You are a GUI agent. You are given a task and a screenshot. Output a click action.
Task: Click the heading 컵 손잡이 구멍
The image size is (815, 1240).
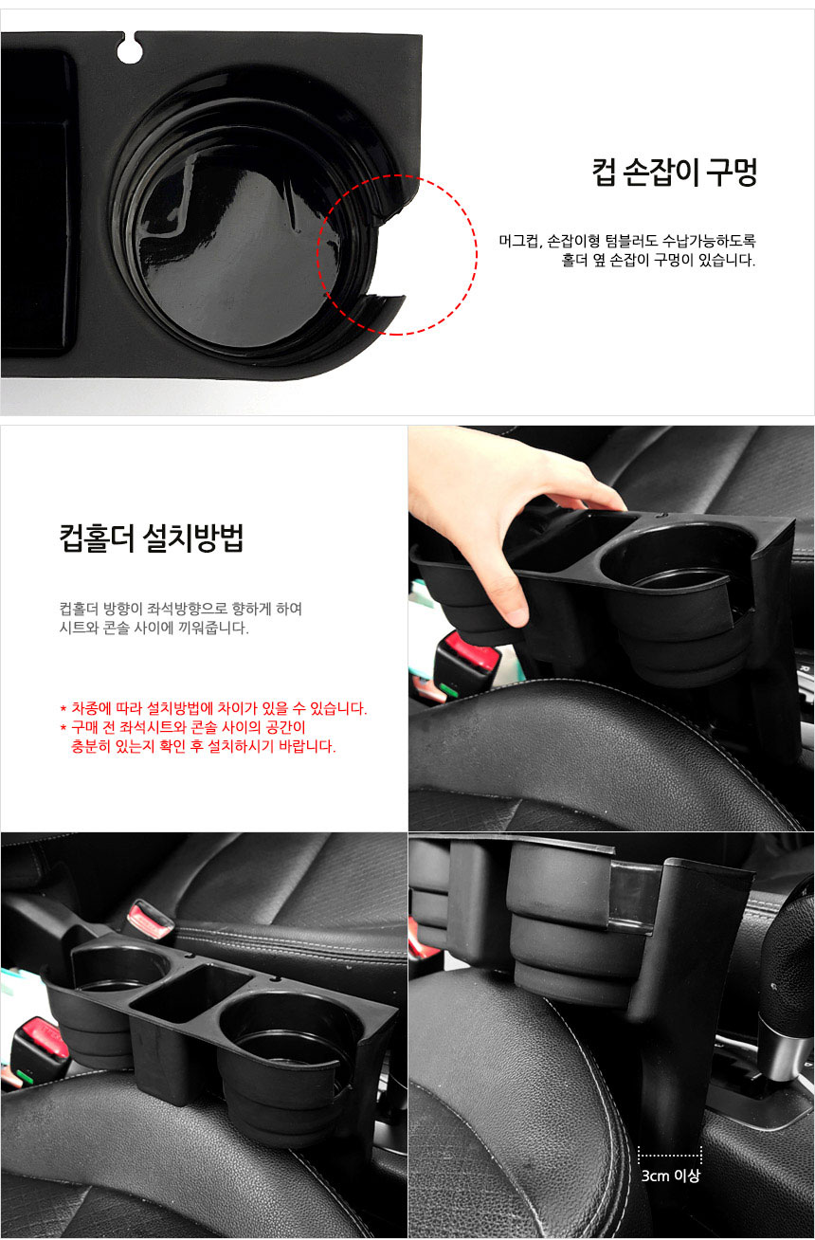674,173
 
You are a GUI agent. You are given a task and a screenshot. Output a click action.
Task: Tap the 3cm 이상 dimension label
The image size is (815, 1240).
670,1176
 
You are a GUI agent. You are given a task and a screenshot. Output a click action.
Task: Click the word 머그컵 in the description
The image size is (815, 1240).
519,241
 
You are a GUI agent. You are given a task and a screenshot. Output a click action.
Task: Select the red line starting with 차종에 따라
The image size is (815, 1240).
213,708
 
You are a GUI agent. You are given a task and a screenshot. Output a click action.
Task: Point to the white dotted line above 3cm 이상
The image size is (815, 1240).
669,1155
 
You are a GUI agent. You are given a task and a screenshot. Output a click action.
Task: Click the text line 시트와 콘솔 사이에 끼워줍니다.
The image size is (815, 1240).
154,628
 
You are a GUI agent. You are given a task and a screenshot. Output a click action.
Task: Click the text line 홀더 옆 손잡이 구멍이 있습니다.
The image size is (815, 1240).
659,260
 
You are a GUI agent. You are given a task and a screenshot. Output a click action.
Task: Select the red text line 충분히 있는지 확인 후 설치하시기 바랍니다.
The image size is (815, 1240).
203,746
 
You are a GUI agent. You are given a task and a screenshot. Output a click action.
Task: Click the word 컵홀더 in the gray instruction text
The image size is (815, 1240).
79,609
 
